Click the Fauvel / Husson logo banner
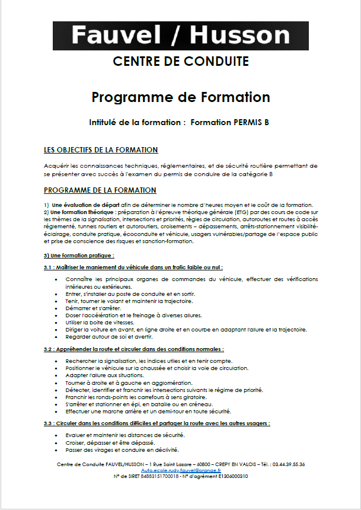click(x=180, y=36)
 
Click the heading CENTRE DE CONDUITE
click(x=180, y=61)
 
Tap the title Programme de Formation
click(x=181, y=97)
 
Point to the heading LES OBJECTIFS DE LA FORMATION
click(x=101, y=149)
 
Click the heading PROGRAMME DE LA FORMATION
click(x=100, y=190)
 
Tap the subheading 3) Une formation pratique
click(x=79, y=255)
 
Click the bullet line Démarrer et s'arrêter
click(x=94, y=308)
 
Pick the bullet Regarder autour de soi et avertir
click(x=110, y=336)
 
